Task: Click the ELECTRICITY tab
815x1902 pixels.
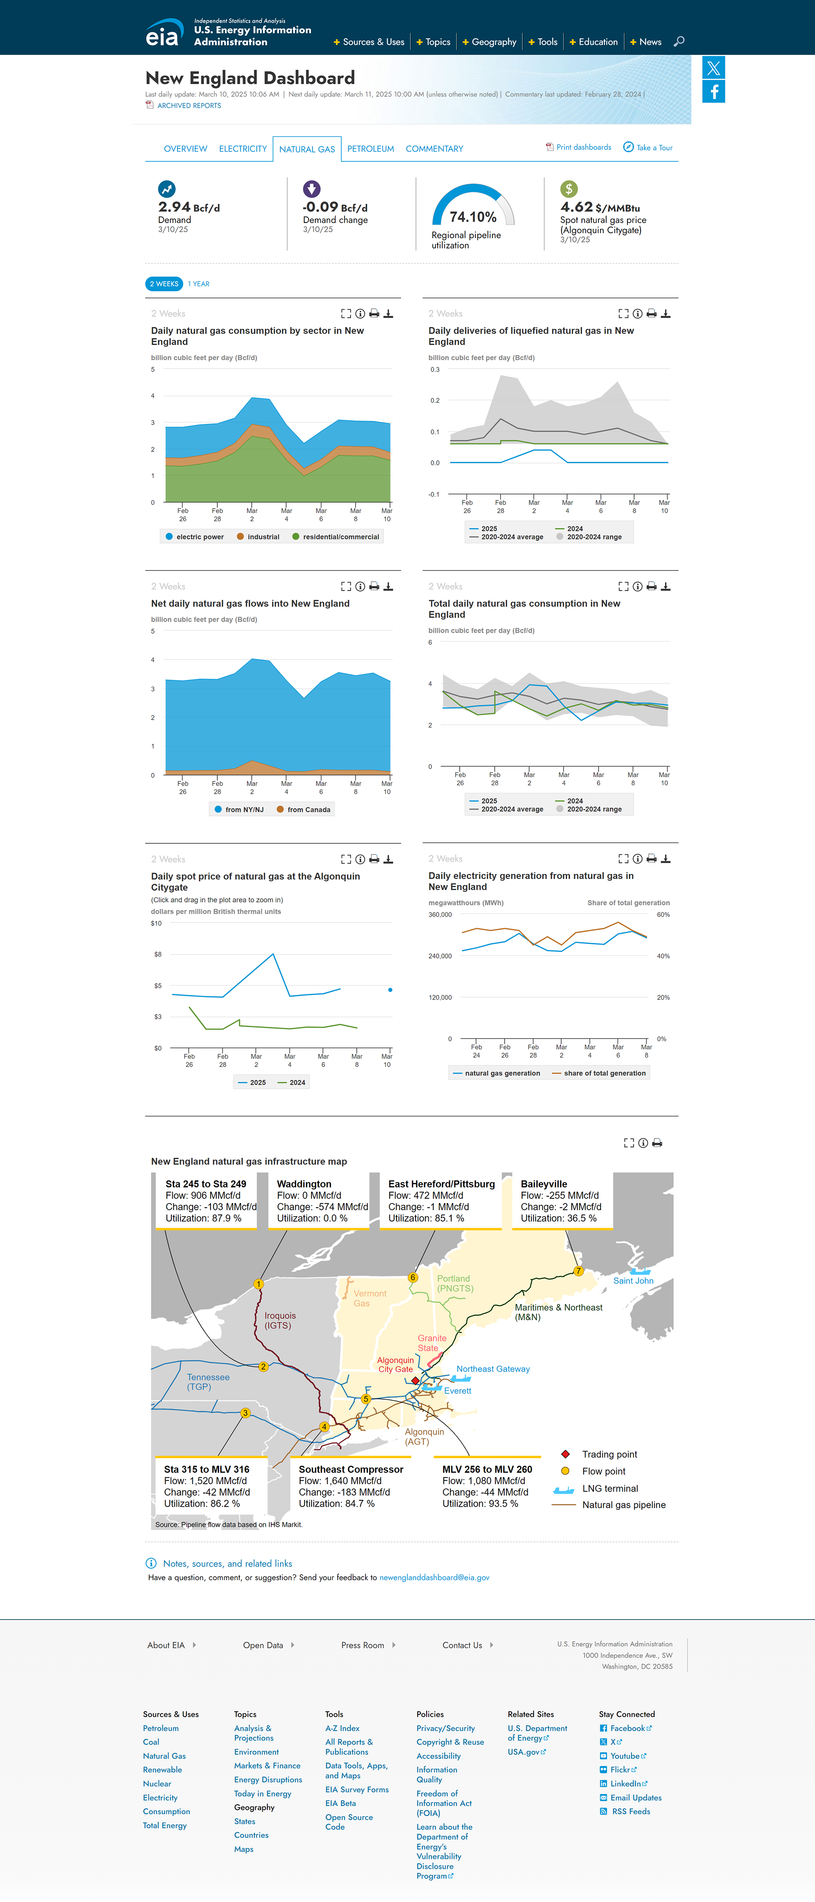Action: pos(243,148)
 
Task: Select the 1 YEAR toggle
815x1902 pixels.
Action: pos(199,284)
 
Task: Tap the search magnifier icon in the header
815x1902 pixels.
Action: pos(679,41)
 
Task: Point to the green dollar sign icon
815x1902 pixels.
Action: pos(568,189)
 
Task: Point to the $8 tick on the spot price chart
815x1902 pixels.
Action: pos(157,954)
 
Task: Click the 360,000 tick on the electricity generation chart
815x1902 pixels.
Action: pos(440,914)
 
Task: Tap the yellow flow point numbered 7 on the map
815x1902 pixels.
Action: pos(579,1271)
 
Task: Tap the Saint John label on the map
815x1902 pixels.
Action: pos(633,1280)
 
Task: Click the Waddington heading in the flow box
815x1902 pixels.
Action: pos(304,1183)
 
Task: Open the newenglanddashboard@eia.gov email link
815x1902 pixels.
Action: pos(434,1577)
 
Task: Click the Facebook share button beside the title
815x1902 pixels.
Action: pos(714,92)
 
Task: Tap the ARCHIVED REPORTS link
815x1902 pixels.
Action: pos(189,106)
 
